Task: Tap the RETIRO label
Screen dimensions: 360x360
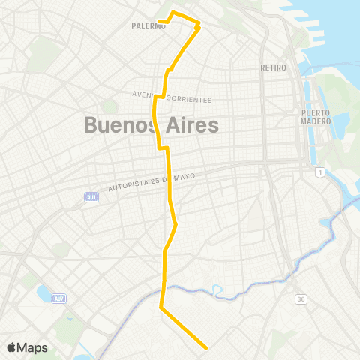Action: [274, 67]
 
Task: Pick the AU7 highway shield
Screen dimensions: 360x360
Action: [58, 298]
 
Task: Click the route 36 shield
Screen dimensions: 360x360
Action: [301, 299]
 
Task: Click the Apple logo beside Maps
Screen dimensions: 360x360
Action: [11, 347]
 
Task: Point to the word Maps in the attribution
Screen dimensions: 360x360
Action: [33, 347]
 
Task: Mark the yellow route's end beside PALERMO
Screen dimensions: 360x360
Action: [160, 20]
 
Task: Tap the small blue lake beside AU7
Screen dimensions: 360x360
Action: [41, 290]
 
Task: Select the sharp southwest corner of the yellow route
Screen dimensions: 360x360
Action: [161, 307]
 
